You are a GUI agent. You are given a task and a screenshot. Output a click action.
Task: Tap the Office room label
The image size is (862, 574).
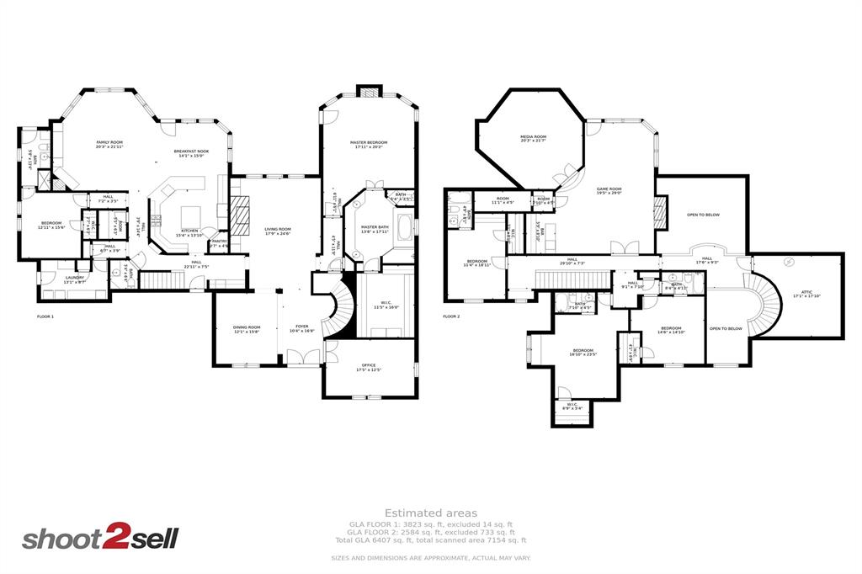point(369,367)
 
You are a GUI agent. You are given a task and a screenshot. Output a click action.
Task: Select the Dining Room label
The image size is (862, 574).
point(247,328)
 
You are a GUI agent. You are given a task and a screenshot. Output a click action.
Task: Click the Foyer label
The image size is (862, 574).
point(301,328)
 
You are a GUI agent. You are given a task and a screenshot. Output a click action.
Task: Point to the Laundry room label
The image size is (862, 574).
point(74,279)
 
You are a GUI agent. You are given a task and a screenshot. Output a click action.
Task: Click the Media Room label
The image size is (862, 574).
point(533,138)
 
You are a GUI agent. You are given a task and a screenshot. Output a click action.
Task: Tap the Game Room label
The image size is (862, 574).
point(609,191)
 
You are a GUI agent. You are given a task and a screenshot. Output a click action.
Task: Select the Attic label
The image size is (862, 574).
point(800,293)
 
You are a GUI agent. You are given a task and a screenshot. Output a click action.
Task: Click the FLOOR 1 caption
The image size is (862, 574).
point(45,316)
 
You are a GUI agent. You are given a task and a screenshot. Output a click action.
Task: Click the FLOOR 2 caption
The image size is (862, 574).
point(452,316)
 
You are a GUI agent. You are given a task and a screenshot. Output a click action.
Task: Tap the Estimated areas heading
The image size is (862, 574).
point(431,513)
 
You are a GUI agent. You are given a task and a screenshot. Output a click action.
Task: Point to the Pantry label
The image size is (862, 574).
point(219,242)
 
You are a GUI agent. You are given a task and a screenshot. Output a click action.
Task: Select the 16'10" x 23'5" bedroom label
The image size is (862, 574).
point(583,352)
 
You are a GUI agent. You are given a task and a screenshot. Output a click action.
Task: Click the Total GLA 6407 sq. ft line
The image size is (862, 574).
point(431,540)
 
